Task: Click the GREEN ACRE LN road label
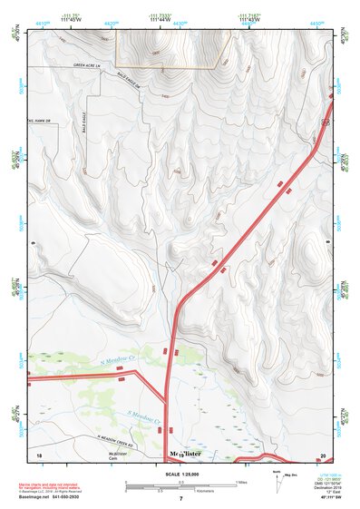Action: pos(90,65)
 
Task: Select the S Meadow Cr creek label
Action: pos(143,419)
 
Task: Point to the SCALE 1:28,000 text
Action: pos(180,474)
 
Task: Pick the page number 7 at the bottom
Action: pos(180,500)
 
